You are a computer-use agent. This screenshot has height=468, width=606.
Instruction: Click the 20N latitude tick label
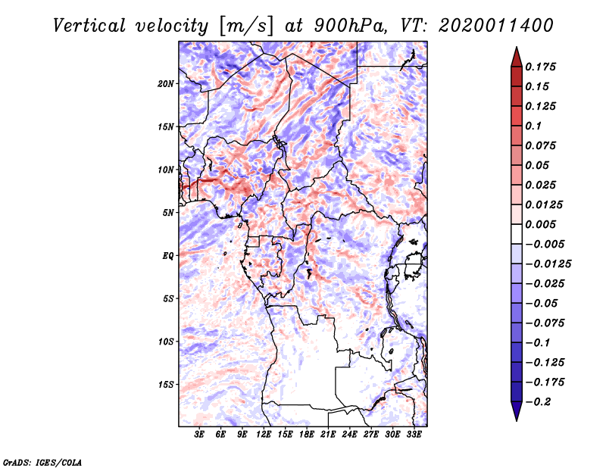click(x=166, y=83)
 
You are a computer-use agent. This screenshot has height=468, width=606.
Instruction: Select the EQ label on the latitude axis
click(x=168, y=255)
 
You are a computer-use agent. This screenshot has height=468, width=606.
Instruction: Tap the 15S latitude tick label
click(x=166, y=384)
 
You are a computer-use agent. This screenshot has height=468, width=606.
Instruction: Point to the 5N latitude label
click(x=168, y=212)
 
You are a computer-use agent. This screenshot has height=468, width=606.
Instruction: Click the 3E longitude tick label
click(x=200, y=435)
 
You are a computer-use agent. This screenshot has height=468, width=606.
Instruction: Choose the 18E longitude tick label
click(x=306, y=435)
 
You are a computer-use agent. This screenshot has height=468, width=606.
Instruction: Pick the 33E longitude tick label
click(x=414, y=435)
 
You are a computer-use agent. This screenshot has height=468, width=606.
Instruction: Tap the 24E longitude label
click(x=349, y=435)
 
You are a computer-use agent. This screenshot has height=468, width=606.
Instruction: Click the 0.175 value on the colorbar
click(x=541, y=67)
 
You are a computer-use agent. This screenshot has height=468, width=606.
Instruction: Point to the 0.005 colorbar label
click(x=541, y=224)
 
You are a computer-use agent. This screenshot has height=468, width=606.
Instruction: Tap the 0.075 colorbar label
click(x=541, y=145)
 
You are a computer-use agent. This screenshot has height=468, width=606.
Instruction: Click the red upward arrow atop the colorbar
click(x=515, y=55)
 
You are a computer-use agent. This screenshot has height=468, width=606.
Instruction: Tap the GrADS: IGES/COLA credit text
click(x=42, y=461)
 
